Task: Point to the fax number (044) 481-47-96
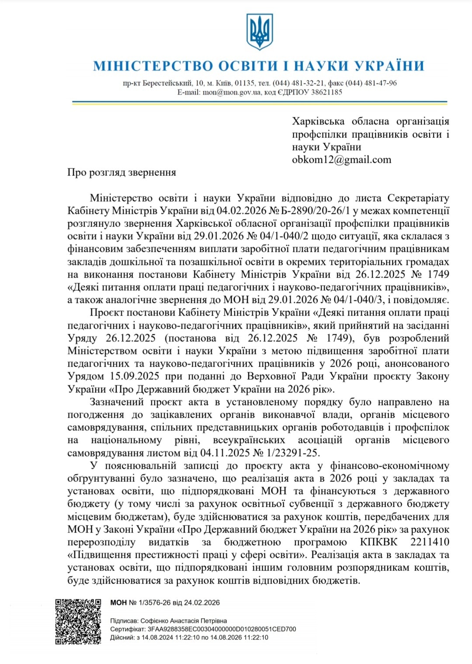coord(371,83)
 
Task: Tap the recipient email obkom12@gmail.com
coord(341,160)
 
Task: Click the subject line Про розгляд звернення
coord(121,172)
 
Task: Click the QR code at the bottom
coord(79,622)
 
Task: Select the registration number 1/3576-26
coord(154,603)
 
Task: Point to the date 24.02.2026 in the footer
coord(201,603)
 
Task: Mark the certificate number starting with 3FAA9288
coord(222,629)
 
